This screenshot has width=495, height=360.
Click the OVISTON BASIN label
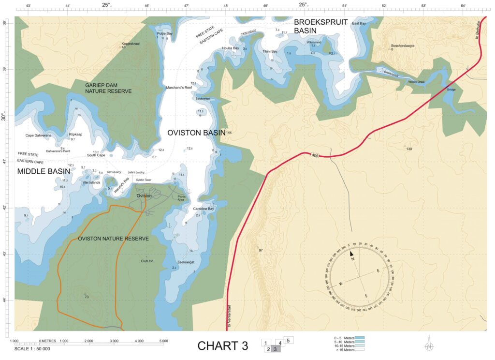(196, 133)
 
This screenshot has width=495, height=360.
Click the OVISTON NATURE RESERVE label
(113, 239)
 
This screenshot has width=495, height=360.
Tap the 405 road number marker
(315, 155)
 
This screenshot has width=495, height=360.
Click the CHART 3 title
(223, 345)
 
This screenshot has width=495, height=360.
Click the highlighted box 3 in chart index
(275, 349)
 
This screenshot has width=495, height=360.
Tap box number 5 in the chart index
(288, 340)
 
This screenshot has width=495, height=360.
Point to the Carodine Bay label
(204, 209)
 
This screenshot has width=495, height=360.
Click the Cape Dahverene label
(38, 135)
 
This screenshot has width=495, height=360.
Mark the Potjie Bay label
(164, 33)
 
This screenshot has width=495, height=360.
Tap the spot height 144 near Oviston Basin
(229, 132)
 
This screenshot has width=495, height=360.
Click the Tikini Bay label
(270, 51)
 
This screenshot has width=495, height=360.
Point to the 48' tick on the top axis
(226, 6)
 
